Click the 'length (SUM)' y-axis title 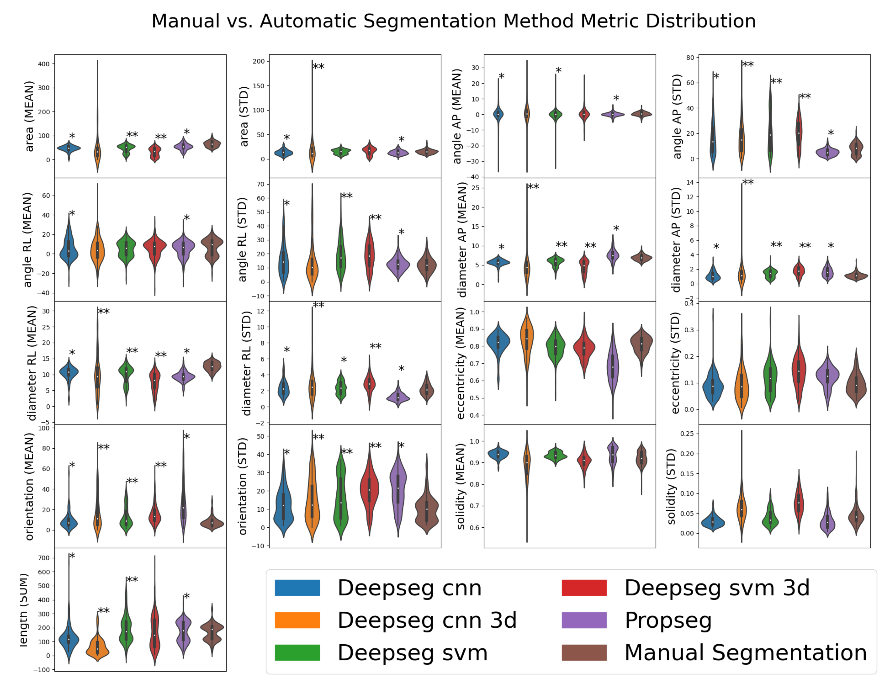click(x=24, y=610)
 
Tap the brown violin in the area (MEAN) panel click(x=212, y=144)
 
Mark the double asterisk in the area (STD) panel click(x=318, y=67)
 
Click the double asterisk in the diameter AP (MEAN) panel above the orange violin click(x=533, y=187)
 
